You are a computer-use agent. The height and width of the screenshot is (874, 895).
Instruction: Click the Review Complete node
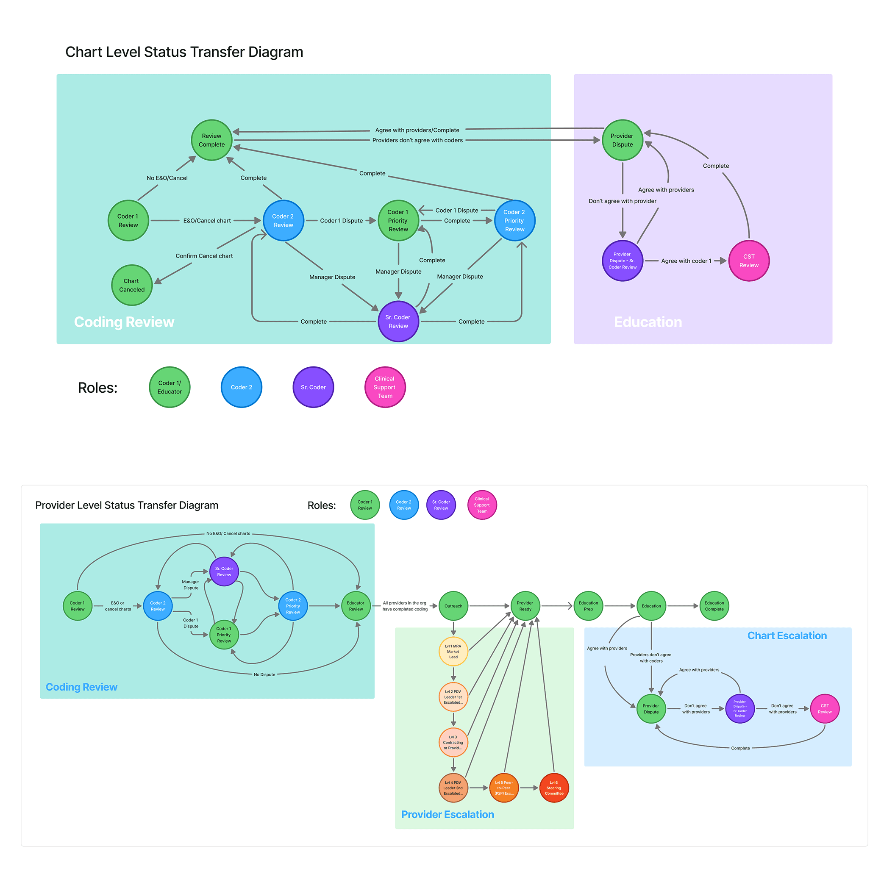212,140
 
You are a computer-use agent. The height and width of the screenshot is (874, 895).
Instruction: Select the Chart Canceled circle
132,285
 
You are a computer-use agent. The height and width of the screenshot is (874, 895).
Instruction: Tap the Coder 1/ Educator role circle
170,387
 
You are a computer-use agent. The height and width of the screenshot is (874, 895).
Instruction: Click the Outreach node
453,606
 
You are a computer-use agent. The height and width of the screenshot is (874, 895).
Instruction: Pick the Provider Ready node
525,606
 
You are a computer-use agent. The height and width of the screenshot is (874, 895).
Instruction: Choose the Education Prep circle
588,606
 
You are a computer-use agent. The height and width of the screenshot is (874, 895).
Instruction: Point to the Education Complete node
714,606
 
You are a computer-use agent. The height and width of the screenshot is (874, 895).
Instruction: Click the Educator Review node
356,606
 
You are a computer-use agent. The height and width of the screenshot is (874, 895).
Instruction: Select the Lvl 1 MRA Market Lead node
453,651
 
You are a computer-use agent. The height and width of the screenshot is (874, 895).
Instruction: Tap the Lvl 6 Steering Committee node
554,788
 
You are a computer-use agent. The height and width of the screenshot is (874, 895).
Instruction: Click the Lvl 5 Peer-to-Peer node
504,788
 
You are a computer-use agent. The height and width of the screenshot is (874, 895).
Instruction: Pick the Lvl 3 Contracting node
453,742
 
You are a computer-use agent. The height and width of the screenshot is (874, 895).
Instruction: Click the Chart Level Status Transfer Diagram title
184,52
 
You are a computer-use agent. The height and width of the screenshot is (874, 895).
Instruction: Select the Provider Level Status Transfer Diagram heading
127,505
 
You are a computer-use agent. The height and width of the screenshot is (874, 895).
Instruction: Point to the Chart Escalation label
787,635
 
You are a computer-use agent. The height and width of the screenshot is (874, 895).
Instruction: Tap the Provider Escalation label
447,814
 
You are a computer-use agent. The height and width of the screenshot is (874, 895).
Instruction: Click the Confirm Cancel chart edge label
204,256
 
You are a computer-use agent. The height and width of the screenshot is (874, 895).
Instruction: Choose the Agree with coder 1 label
686,261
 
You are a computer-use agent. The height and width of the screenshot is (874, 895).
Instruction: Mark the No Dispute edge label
264,674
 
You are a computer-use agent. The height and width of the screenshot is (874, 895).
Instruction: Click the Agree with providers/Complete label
417,130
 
